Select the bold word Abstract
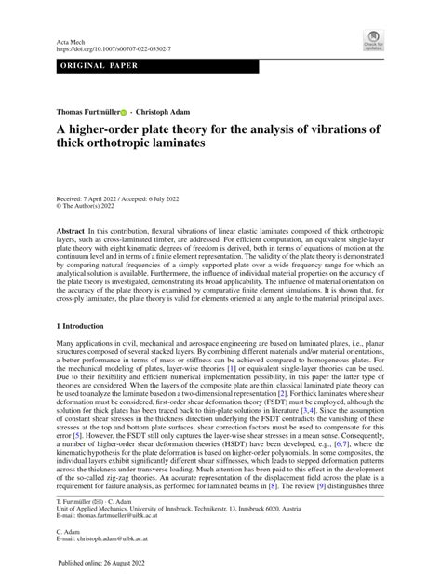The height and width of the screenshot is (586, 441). coord(73,228)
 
